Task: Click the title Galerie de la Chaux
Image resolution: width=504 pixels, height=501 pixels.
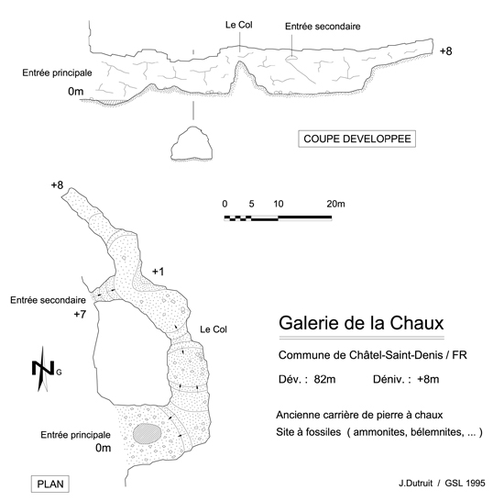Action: [361, 323]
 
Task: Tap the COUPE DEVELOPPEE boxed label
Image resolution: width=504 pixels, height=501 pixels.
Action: [356, 139]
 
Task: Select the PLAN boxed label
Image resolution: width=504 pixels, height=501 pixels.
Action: [50, 484]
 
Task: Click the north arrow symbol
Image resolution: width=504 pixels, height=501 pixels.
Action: [43, 369]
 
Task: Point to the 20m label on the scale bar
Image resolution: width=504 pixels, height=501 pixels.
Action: [335, 204]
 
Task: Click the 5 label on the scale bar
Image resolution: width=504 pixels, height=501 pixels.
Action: [251, 204]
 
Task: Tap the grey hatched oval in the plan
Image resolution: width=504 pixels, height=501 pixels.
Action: [147, 434]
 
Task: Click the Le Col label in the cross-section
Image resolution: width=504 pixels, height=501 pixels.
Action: [239, 25]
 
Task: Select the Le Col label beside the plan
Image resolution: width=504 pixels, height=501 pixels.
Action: [214, 329]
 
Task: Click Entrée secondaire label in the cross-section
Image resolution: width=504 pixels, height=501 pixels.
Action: [323, 27]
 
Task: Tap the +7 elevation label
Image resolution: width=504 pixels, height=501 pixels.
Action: [80, 314]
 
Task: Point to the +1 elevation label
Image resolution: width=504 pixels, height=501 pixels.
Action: [159, 272]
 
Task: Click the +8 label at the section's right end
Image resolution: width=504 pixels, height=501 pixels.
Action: [446, 51]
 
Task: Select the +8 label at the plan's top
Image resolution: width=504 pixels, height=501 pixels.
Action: [57, 185]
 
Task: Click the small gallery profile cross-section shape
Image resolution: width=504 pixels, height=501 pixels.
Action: [192, 143]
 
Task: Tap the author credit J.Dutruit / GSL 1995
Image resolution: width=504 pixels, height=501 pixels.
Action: [442, 483]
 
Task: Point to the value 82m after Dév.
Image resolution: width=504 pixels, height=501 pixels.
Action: [324, 379]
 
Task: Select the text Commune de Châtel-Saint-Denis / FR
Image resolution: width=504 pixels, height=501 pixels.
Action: [373, 355]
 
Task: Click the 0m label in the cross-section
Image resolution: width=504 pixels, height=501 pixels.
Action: [75, 92]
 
